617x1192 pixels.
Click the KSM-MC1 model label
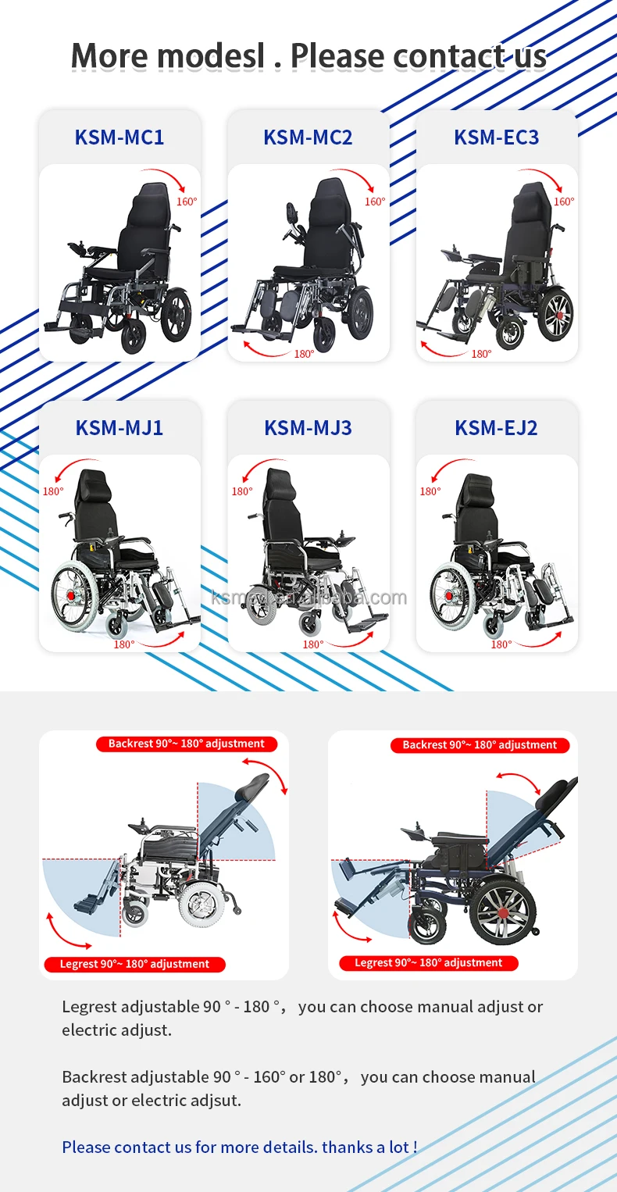(119, 137)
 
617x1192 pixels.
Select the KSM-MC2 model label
(308, 137)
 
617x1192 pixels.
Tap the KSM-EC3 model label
(497, 137)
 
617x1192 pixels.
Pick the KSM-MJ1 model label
(119, 428)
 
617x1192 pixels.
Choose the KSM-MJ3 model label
(308, 428)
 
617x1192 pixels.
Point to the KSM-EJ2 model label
(497, 428)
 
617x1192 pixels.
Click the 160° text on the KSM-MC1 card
(187, 202)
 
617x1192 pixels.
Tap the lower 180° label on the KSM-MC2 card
(304, 354)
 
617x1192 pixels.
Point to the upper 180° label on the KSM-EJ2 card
(430, 491)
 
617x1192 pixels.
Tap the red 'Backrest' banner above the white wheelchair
(186, 744)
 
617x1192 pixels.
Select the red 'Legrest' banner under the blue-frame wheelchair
(428, 963)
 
